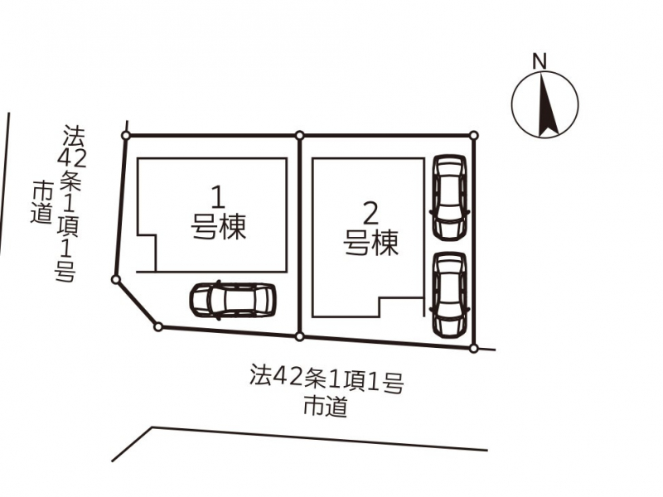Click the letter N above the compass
(x=540, y=61)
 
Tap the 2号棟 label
(x=370, y=230)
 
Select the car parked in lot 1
(x=233, y=300)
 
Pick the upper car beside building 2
(x=450, y=197)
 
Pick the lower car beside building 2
(x=450, y=295)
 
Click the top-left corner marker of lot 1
(x=126, y=135)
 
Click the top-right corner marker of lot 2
(x=474, y=135)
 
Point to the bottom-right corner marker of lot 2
(x=473, y=348)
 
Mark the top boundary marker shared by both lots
(x=299, y=135)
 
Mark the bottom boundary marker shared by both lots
(x=299, y=336)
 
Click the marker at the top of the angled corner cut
(x=115, y=279)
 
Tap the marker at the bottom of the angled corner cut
(x=157, y=326)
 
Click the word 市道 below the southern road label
(x=326, y=407)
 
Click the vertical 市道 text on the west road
(x=41, y=202)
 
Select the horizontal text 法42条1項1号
(x=327, y=379)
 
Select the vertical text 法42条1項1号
(x=68, y=204)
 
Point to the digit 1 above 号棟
(x=218, y=198)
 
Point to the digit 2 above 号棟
(x=370, y=214)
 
